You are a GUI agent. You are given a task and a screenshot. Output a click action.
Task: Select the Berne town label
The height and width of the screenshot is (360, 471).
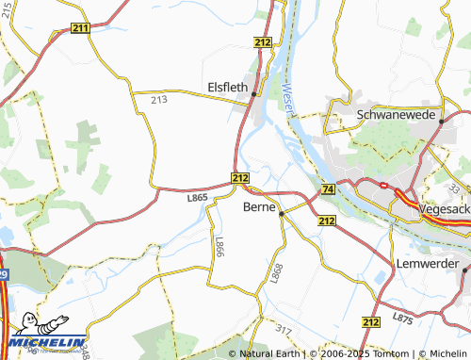pyautogui.click(x=259, y=206)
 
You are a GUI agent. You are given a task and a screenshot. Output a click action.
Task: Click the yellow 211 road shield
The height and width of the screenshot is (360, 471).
pyautogui.click(x=80, y=29)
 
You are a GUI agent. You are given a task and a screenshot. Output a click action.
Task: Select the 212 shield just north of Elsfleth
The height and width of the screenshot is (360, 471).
pyautogui.click(x=263, y=42)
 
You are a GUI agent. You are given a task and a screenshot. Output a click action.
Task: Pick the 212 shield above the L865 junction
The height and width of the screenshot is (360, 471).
pyautogui.click(x=239, y=177)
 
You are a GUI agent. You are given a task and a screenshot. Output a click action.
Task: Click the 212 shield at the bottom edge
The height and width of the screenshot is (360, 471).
pyautogui.click(x=370, y=322)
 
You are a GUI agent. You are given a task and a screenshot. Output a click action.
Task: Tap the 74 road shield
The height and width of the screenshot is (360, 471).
pyautogui.click(x=327, y=189)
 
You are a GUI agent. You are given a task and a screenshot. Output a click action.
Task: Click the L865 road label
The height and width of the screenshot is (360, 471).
pyautogui.click(x=197, y=197)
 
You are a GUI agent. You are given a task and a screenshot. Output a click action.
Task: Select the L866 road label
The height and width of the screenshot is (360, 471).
pyautogui.click(x=219, y=248)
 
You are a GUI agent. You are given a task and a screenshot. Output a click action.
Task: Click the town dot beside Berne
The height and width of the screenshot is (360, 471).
pyautogui.click(x=282, y=215)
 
